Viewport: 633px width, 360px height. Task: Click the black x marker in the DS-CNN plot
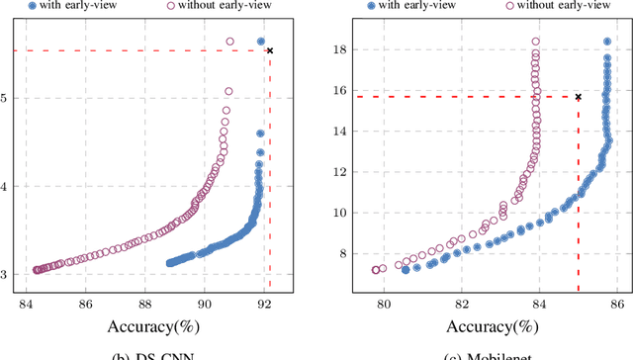pyautogui.click(x=270, y=50)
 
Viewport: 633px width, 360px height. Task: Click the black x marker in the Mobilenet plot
pyautogui.click(x=578, y=97)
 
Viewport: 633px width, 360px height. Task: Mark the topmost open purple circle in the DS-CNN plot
pyautogui.click(x=230, y=42)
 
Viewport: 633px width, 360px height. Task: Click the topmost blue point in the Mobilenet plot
pyautogui.click(x=607, y=42)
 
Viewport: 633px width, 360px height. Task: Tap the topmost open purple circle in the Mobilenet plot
pyautogui.click(x=536, y=42)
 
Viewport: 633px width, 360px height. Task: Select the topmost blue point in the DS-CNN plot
pyautogui.click(x=261, y=42)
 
